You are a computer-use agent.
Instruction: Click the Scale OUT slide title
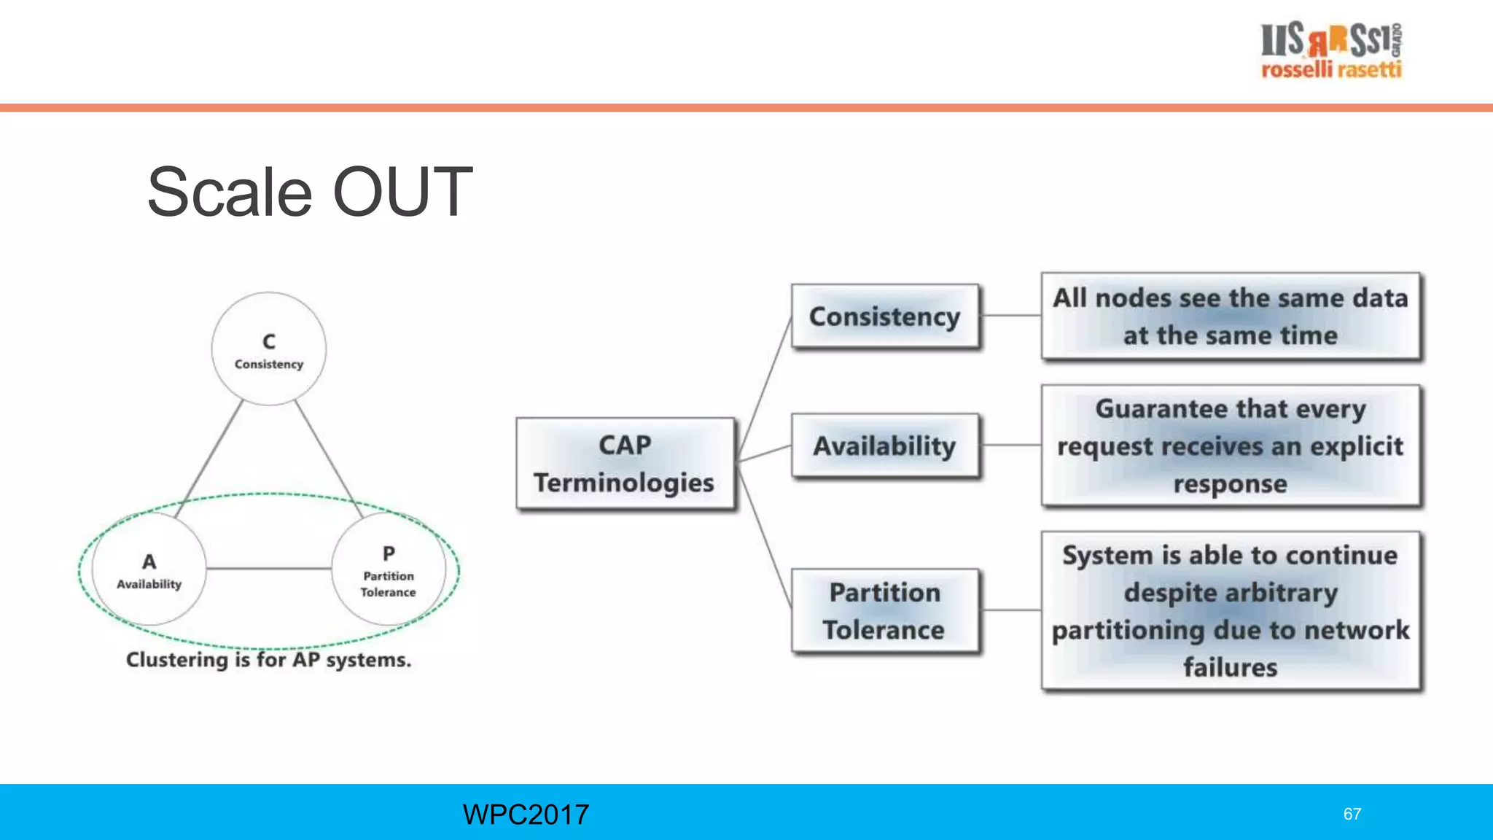click(x=310, y=192)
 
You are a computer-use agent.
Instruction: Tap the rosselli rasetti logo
click(x=1331, y=50)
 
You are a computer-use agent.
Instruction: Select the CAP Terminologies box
click(x=625, y=463)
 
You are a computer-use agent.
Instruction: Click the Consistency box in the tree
click(x=884, y=316)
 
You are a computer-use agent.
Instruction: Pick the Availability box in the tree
click(x=884, y=446)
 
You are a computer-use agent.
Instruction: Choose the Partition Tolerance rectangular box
click(x=884, y=610)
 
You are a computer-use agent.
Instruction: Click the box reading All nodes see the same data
click(x=1230, y=316)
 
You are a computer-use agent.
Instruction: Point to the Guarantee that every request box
click(x=1230, y=446)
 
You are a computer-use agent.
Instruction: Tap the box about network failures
click(x=1230, y=610)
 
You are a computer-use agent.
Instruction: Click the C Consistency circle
click(x=269, y=349)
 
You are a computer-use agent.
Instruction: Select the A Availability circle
click(x=149, y=569)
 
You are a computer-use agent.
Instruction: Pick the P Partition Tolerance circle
click(x=389, y=569)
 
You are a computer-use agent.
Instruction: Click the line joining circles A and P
click(x=268, y=568)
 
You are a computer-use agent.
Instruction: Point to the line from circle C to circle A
click(x=210, y=457)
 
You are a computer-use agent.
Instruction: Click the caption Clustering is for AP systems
click(x=268, y=660)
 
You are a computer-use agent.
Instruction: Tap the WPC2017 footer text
click(x=526, y=814)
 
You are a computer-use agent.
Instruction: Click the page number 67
click(x=1352, y=814)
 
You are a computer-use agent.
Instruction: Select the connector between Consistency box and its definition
click(x=1010, y=316)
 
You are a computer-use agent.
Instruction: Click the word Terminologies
click(x=624, y=483)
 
